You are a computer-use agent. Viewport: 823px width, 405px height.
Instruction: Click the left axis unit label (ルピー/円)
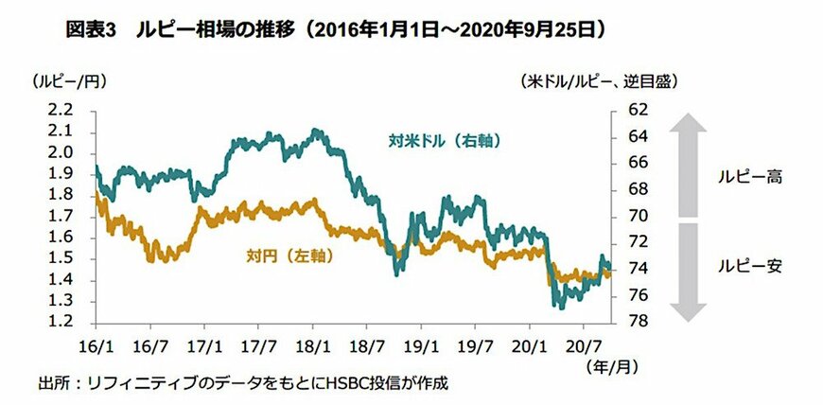(65, 83)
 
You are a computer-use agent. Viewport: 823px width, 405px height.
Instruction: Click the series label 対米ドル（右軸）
(443, 142)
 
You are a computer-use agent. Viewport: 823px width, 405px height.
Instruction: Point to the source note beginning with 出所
(242, 384)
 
